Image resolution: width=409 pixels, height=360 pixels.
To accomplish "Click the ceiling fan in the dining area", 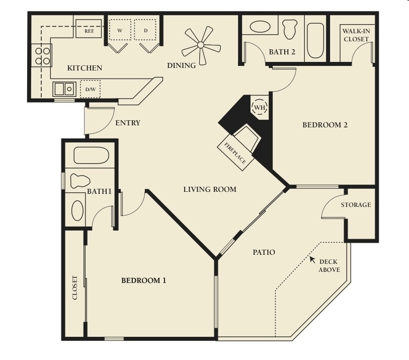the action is point(201,45).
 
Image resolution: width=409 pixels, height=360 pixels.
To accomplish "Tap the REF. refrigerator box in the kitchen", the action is point(89,29).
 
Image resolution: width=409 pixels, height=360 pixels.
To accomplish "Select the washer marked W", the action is point(120,30).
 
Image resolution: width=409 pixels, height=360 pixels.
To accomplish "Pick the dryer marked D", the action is point(145,30).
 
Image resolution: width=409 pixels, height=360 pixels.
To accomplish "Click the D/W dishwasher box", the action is point(90,89).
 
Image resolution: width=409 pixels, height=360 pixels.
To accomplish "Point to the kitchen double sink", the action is point(64,89).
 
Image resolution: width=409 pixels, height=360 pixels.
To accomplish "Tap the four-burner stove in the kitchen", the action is point(42,56).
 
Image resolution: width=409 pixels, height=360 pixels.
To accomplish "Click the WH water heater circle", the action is point(260,107).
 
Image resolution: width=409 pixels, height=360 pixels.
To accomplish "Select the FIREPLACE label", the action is point(235,153).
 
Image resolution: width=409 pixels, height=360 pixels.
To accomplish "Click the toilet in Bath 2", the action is point(290,29).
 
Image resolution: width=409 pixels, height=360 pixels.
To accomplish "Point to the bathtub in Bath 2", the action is point(315,40).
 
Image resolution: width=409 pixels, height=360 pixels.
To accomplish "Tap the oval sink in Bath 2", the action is point(260,26).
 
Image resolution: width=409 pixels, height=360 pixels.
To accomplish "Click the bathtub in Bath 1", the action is point(91,156).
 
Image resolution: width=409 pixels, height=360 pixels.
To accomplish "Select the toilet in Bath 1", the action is point(80,181).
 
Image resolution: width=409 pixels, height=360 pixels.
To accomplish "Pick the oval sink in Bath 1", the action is point(77,210).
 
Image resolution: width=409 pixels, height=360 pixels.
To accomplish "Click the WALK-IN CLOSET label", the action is point(356,35).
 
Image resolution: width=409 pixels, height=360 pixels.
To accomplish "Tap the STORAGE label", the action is point(356,204).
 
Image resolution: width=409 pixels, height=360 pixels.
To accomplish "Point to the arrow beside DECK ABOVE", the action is point(312,259).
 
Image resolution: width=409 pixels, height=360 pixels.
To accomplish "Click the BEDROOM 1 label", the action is point(144,280).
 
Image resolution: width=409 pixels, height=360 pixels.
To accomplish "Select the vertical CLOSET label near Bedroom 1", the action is point(75,287).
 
